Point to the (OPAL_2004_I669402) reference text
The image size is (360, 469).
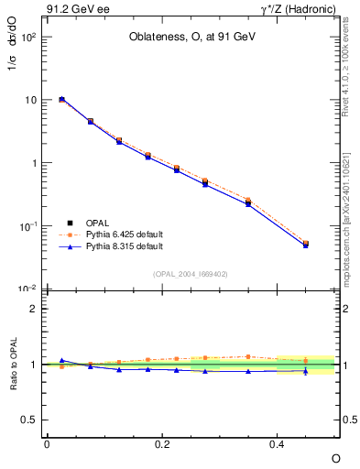click(x=191, y=273)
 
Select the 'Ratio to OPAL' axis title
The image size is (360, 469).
click(x=16, y=365)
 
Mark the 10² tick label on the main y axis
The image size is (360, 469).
click(x=27, y=38)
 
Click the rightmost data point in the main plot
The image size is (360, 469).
click(x=306, y=245)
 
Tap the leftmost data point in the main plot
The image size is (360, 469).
click(x=61, y=99)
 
